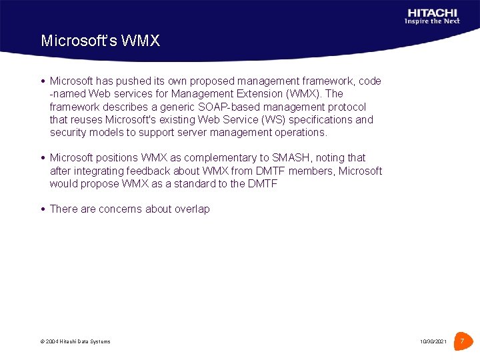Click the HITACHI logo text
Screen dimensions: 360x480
[432, 12]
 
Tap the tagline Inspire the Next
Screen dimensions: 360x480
[432, 21]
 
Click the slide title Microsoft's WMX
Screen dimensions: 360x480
[100, 41]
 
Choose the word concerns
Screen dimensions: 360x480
[121, 209]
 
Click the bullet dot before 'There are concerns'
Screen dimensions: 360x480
[43, 209]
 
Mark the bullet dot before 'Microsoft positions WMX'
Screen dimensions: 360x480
[43, 158]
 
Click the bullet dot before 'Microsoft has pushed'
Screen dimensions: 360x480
[43, 81]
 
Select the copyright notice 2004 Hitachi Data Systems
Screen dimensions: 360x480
[75, 342]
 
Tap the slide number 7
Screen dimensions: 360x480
[461, 341]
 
